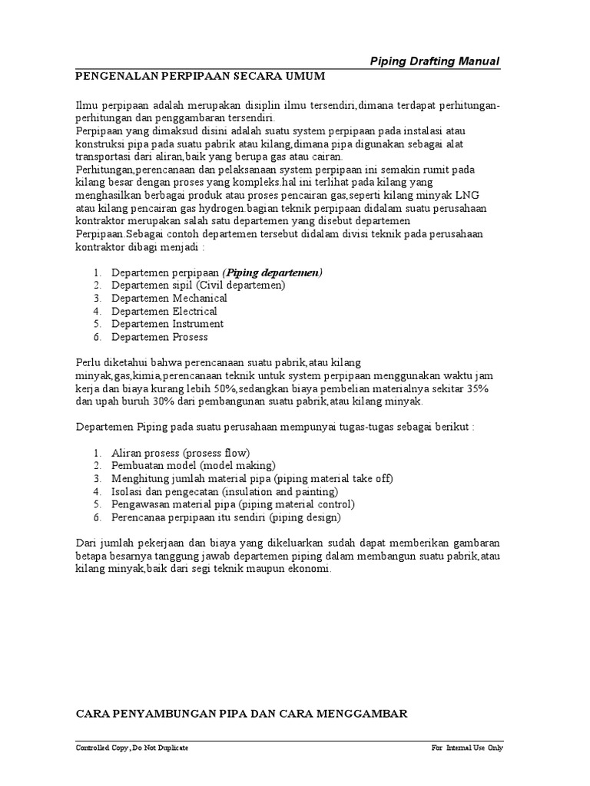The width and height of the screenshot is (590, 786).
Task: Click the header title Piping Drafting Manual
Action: [x=435, y=61]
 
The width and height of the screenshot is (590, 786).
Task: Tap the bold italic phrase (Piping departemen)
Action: [x=273, y=272]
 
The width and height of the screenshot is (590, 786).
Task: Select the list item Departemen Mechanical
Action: [x=169, y=298]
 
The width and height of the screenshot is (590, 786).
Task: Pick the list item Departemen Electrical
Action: [x=164, y=311]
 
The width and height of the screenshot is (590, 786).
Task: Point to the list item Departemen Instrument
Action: [x=167, y=324]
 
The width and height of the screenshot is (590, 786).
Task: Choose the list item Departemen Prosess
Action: [x=159, y=337]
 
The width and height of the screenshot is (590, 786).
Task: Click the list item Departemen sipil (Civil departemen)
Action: [x=198, y=286]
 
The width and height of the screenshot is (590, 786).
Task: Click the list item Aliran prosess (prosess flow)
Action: [x=181, y=453]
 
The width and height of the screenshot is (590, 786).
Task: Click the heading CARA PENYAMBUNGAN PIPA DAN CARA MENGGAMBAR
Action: [x=240, y=714]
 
